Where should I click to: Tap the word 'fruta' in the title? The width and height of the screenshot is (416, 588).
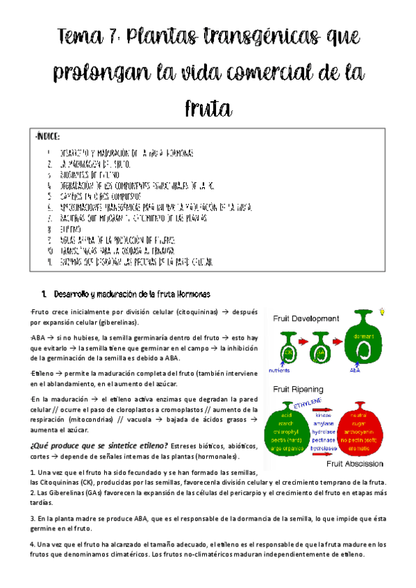208,108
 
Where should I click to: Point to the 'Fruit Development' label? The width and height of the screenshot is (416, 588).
306,319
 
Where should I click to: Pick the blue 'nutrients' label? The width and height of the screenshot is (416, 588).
281,371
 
